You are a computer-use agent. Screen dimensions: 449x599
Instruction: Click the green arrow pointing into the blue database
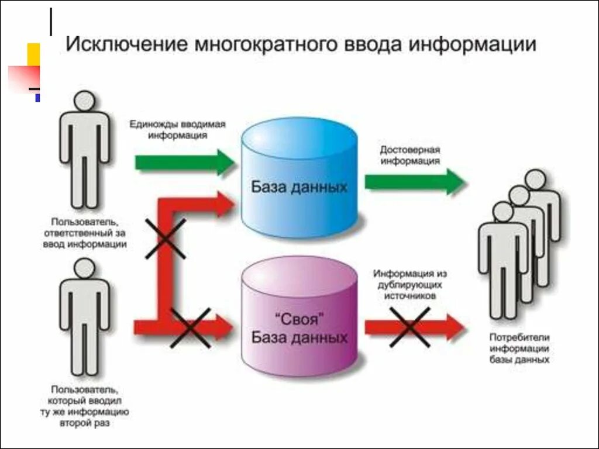click(x=184, y=162)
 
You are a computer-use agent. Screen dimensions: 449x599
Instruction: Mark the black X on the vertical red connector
click(x=166, y=239)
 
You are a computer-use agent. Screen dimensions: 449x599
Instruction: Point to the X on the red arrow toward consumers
click(x=410, y=327)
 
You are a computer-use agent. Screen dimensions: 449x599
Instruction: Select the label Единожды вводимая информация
click(x=177, y=130)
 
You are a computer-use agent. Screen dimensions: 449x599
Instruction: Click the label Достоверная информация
click(x=410, y=156)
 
